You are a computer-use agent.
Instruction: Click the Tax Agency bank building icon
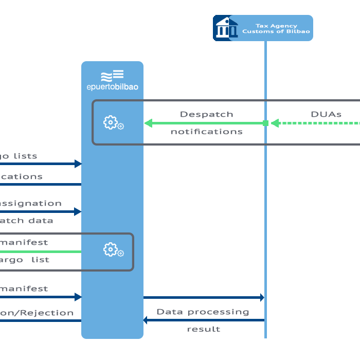pyautogui.click(x=224, y=28)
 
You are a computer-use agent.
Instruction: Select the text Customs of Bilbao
pyautogui.click(x=276, y=32)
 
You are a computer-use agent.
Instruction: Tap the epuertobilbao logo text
pyautogui.click(x=112, y=87)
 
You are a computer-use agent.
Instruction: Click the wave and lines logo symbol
pyautogui.click(x=112, y=76)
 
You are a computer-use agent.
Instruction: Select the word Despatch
pyautogui.click(x=206, y=114)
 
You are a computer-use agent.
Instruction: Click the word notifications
pyautogui.click(x=206, y=132)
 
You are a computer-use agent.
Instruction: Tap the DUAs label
pyautogui.click(x=326, y=114)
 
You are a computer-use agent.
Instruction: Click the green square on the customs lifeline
pyautogui.click(x=265, y=123)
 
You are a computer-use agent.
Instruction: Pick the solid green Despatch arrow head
pyautogui.click(x=148, y=123)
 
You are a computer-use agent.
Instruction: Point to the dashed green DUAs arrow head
pyautogui.click(x=275, y=123)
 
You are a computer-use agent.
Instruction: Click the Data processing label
pyautogui.click(x=203, y=312)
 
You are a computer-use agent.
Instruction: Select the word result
pyautogui.click(x=203, y=329)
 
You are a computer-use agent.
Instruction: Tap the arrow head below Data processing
pyautogui.click(x=146, y=320)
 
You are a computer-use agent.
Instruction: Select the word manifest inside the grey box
pyautogui.click(x=30, y=242)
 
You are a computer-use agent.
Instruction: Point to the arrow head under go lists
pyautogui.click(x=78, y=164)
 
